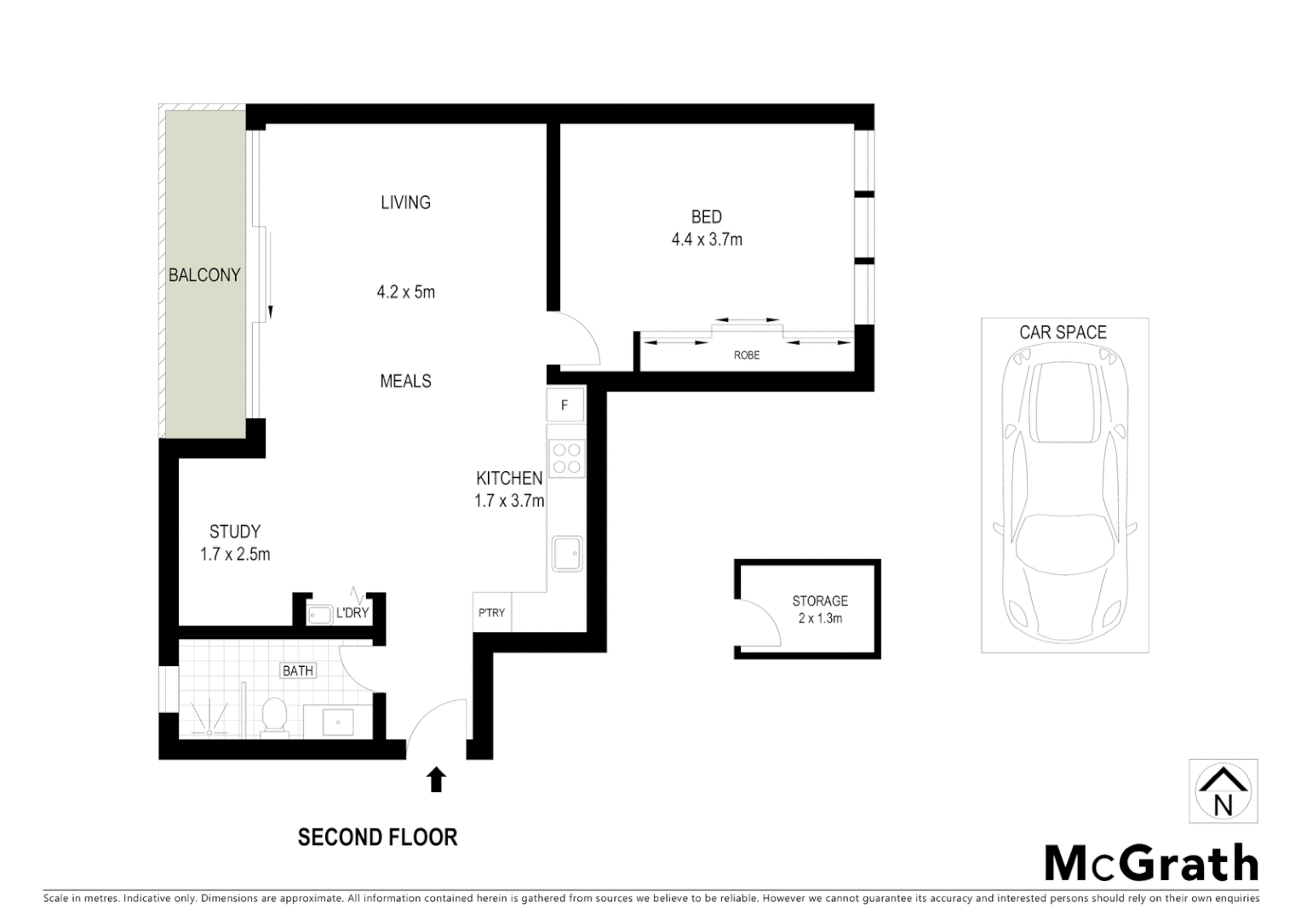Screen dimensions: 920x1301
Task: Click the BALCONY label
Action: click(204, 275)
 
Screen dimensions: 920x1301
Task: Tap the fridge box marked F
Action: click(565, 405)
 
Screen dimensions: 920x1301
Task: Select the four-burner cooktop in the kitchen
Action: click(565, 458)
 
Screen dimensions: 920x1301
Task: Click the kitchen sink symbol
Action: click(566, 553)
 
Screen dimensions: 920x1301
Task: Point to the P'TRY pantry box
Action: click(491, 612)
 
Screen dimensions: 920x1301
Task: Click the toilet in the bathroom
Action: click(274, 716)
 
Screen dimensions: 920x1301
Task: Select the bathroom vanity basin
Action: click(338, 722)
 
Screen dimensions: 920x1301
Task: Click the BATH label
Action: click(297, 670)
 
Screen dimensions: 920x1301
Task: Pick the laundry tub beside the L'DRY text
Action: click(319, 613)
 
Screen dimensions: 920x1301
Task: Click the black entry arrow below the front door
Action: click(436, 779)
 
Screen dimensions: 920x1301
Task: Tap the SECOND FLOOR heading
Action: click(377, 837)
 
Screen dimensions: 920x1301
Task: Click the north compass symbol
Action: click(1223, 791)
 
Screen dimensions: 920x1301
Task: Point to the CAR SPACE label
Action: click(1063, 332)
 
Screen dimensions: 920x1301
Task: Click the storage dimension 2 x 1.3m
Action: click(819, 618)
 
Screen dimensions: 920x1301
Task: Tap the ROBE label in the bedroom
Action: click(747, 355)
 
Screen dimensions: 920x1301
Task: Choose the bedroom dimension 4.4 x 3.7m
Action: click(707, 240)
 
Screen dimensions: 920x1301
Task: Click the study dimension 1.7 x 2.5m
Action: click(235, 555)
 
